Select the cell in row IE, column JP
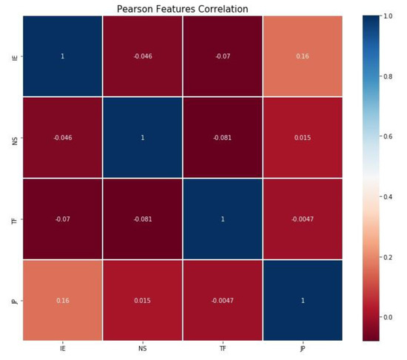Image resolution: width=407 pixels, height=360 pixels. click(302, 56)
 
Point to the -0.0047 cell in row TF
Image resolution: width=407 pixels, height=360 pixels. click(302, 219)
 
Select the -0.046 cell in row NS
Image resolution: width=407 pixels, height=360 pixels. click(62, 137)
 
